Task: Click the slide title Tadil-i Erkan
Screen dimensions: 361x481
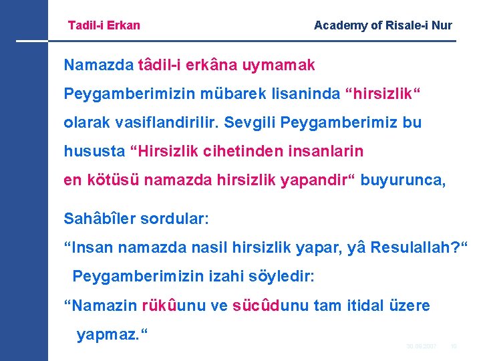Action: pyautogui.click(x=104, y=25)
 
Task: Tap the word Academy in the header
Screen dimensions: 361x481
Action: pyautogui.click(x=339, y=25)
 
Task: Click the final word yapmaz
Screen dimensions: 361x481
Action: pyautogui.click(x=110, y=334)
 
